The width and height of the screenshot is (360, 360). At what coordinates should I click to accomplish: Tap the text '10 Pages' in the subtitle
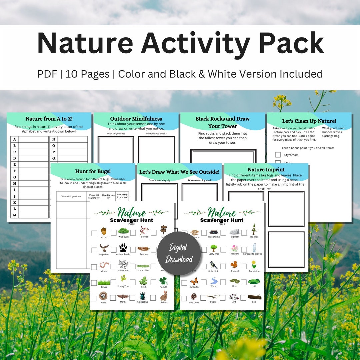[x=87, y=74]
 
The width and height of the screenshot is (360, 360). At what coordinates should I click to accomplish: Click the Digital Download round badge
[x=179, y=253]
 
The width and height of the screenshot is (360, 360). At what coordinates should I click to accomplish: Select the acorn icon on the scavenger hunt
[x=104, y=231]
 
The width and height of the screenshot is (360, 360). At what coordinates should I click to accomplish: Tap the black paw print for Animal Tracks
[x=123, y=248]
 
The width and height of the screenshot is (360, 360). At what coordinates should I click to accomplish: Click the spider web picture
[x=124, y=265]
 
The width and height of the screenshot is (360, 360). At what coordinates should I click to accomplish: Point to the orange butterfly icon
[x=194, y=281]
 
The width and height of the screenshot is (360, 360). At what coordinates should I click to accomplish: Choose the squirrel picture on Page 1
[x=234, y=265]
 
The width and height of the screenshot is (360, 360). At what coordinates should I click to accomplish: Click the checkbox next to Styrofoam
[x=278, y=155]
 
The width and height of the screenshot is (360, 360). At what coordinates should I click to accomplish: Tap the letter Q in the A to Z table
[x=54, y=158]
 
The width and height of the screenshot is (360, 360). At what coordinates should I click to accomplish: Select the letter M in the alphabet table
[x=15, y=215]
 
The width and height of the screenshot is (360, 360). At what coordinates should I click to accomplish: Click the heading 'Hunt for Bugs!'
[x=93, y=171]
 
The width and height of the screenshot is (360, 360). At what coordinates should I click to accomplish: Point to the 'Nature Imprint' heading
[x=266, y=170]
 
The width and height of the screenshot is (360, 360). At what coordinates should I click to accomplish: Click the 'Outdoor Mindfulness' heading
[x=136, y=119]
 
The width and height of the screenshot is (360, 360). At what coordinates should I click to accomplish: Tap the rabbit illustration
[x=163, y=296]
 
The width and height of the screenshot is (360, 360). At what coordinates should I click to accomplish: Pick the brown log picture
[x=254, y=297]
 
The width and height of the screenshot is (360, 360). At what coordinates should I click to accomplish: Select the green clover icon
[x=163, y=281]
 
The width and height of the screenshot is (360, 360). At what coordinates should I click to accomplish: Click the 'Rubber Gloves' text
[x=332, y=132]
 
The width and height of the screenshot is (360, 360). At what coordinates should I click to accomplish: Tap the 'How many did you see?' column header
[x=122, y=196]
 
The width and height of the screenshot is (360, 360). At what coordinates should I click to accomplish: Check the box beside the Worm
[x=94, y=267]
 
